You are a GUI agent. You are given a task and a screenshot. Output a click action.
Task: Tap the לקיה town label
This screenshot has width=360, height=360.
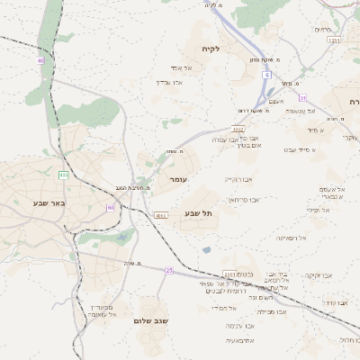[211, 49]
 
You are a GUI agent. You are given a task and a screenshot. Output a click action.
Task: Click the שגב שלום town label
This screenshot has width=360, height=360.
[151, 320]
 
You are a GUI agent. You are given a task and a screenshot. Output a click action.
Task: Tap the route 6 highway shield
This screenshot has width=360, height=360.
[267, 75]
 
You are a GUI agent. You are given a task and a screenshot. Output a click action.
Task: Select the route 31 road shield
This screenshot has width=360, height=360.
[303, 97]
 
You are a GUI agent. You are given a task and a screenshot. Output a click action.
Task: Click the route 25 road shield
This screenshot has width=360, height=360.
[168, 270]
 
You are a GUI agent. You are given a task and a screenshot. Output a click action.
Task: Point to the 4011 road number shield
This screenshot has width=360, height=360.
[160, 216]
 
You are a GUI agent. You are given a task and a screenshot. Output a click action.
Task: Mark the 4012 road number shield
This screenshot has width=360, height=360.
[238, 130]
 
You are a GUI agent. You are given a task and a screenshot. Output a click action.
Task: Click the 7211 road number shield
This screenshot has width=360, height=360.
[334, 40]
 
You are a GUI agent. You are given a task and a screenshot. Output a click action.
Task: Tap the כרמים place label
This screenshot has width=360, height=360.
[323, 29]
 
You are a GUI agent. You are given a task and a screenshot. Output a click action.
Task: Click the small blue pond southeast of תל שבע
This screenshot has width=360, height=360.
[207, 249]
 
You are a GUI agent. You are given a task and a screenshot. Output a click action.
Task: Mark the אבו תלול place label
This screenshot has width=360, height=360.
[348, 339]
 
